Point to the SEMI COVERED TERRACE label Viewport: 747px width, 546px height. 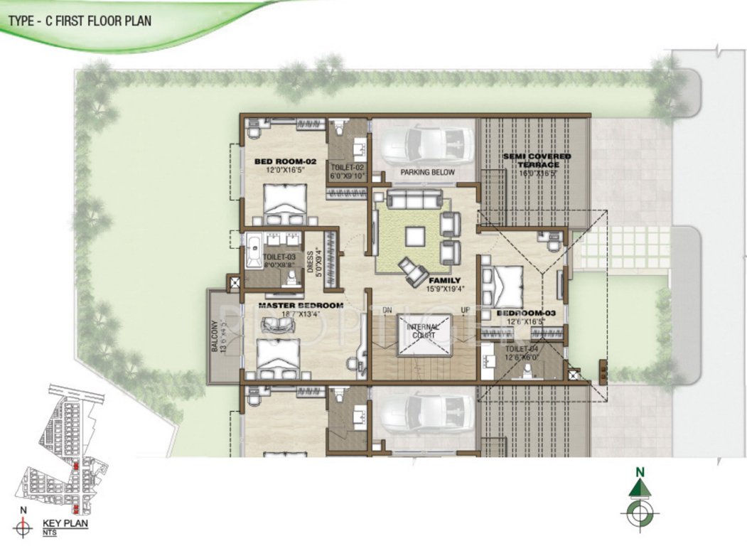coord(537,160)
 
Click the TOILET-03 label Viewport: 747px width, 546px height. coord(279,257)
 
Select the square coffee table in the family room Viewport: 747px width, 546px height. coord(416,237)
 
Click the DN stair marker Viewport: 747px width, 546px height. coord(387,311)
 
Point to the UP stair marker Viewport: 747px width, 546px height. coord(466,311)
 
